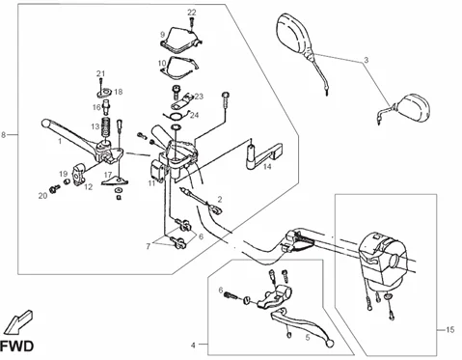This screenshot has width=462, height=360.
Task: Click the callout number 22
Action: [x=191, y=12]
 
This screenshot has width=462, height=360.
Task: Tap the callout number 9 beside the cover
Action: [x=162, y=34]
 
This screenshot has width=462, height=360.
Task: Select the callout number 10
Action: [x=162, y=63]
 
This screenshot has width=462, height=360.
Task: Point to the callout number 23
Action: [x=199, y=97]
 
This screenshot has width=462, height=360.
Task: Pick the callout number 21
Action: [x=99, y=73]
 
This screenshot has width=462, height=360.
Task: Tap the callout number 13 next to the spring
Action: [x=95, y=126]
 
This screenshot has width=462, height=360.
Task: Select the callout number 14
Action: [x=267, y=167]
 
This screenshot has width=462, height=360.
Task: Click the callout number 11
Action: [x=151, y=181]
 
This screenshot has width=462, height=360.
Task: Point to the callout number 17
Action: [x=108, y=176]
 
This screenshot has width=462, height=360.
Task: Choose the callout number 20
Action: [x=42, y=196]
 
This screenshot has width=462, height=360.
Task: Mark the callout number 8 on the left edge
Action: [x=7, y=134]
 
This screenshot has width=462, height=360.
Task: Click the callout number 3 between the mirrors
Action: [x=367, y=61]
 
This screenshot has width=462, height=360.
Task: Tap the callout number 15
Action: [x=449, y=330]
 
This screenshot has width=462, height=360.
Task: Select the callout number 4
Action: [x=193, y=345]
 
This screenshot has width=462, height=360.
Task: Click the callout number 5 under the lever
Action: [x=307, y=338]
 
